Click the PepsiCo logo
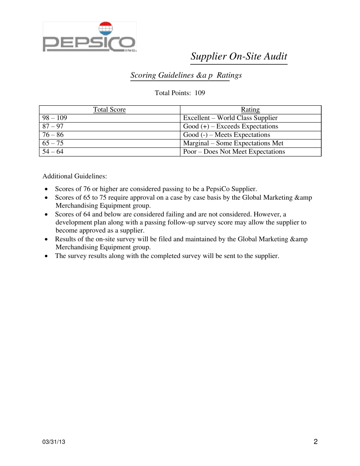tap(89, 37)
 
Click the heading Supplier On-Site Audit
tap(239, 56)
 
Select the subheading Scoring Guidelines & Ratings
tap(186, 75)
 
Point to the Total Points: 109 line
tap(180, 93)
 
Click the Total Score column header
tap(110, 109)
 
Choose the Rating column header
tap(250, 109)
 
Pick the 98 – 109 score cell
tap(55, 118)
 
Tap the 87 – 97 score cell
tap(53, 126)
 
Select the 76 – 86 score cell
tap(53, 134)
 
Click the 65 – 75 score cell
tap(53, 143)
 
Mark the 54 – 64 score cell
tap(53, 152)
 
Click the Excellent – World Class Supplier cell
tap(230, 118)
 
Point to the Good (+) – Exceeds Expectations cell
tap(230, 126)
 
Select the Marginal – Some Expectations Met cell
tap(233, 143)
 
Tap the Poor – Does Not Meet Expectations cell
tap(234, 152)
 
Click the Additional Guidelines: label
tap(75, 176)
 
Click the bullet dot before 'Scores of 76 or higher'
tap(46, 189)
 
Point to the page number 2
tap(316, 441)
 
